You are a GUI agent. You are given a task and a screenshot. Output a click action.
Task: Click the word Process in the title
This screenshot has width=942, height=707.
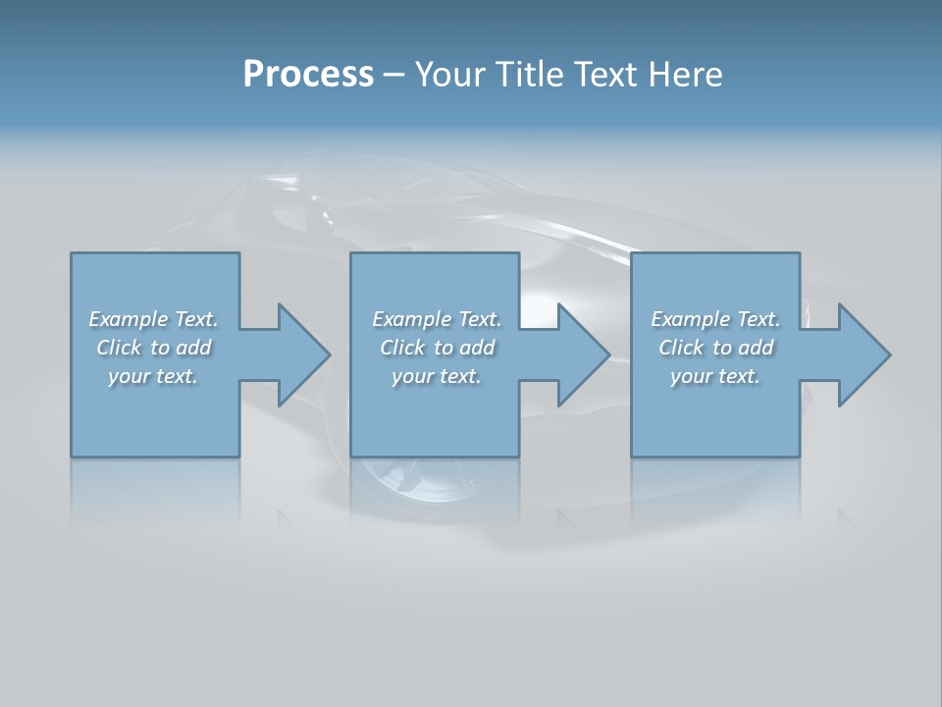click(x=308, y=74)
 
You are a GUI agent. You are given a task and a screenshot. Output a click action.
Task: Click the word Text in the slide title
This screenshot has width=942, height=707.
click(x=605, y=74)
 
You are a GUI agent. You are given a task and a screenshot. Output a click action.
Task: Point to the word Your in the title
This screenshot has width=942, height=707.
click(x=452, y=74)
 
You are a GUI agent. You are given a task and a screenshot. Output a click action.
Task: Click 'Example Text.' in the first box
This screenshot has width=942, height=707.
click(x=153, y=319)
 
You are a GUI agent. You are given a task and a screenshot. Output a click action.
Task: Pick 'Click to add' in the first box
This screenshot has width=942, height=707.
click(x=154, y=348)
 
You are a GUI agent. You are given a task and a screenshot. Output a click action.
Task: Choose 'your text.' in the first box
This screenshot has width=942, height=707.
click(x=153, y=376)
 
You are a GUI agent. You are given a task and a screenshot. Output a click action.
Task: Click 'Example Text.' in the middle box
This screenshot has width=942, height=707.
click(x=437, y=319)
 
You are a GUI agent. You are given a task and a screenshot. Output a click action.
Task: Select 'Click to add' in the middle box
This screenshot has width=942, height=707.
click(x=437, y=348)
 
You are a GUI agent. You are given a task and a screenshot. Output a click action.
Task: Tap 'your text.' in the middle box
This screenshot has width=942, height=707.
click(x=437, y=376)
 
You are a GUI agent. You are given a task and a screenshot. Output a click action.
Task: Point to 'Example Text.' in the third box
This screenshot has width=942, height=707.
click(x=715, y=319)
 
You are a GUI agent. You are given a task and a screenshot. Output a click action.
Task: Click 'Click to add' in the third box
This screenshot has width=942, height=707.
click(x=715, y=348)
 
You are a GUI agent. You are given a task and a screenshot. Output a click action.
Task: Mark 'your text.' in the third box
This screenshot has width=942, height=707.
click(x=715, y=376)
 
